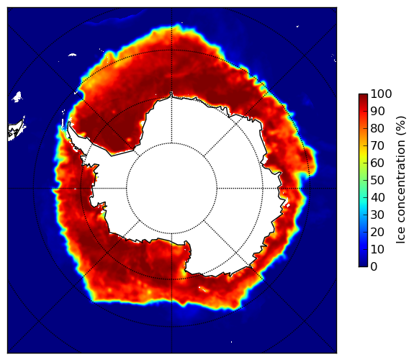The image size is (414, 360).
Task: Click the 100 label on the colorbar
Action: pos(381,94)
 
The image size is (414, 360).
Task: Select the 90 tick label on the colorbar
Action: pos(377,112)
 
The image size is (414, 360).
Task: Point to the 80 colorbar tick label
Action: pos(377,129)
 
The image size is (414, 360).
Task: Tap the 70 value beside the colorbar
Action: pos(377,145)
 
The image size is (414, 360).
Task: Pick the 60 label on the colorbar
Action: pos(377,163)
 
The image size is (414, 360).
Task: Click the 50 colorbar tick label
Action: pos(377,181)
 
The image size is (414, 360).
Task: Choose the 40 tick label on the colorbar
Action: pos(377,197)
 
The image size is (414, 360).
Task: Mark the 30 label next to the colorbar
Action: pos(377,215)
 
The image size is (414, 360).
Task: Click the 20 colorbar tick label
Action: pos(377,232)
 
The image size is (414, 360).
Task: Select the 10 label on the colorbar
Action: pos(377,249)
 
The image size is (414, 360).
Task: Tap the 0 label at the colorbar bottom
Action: pos(374,267)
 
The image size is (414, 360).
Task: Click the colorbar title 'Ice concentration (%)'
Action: pos(401,180)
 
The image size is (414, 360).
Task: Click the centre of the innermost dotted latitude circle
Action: pos(171,189)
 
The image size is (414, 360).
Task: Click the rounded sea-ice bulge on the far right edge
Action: pos(312,161)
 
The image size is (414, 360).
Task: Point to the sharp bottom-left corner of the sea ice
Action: pos(92,300)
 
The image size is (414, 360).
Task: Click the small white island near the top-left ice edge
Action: pos(72,55)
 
